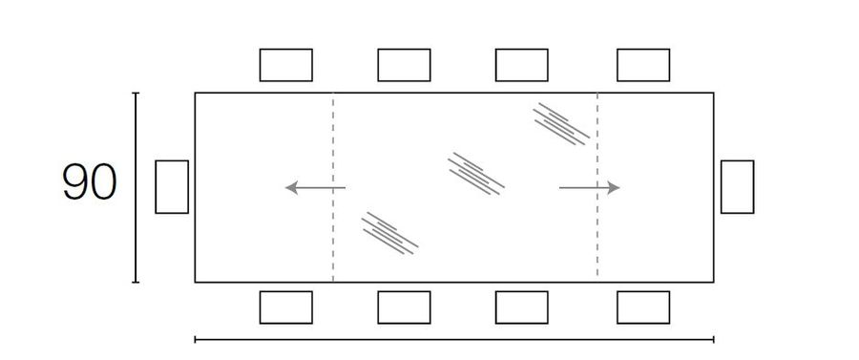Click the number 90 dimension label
click(x=89, y=183)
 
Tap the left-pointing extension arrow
click(x=314, y=187)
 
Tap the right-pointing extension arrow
click(x=589, y=187)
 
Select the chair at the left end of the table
click(x=172, y=186)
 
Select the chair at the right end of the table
click(x=737, y=186)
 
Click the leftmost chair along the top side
click(x=286, y=65)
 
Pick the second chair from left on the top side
click(x=404, y=65)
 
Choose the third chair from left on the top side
click(x=521, y=65)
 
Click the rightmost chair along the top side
click(x=643, y=65)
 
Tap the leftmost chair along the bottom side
click(x=286, y=307)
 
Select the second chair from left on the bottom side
click(x=404, y=307)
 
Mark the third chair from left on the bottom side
click(x=521, y=307)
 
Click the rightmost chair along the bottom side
click(x=643, y=307)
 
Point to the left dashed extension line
click(x=333, y=239)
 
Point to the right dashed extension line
click(x=597, y=239)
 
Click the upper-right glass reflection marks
click(x=561, y=124)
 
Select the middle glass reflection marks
click(x=475, y=174)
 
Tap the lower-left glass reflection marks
click(x=389, y=232)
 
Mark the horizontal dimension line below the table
click(x=454, y=339)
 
